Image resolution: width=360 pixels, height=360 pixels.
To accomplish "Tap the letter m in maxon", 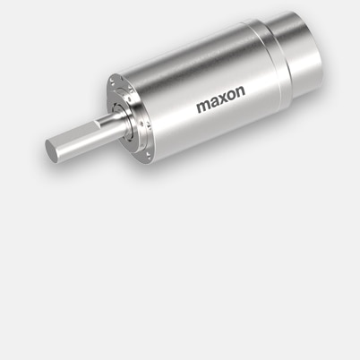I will [x=202, y=109].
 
